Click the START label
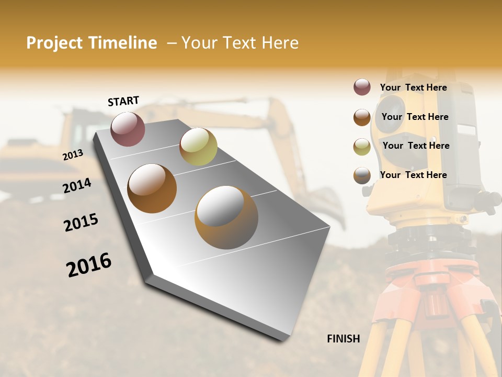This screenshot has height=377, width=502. [123, 101]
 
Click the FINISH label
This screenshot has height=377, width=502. [344, 339]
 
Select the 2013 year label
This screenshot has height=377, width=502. [73, 155]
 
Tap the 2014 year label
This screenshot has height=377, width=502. [77, 185]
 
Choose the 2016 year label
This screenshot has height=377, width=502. [89, 265]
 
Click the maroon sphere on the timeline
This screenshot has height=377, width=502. [128, 129]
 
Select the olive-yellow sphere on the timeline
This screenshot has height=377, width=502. [198, 147]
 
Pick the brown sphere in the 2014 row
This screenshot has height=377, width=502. [152, 188]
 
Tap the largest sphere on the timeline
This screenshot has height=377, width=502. [226, 217]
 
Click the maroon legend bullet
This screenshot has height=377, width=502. [362, 87]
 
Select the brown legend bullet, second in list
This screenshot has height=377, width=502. [362, 117]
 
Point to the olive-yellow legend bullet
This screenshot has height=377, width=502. [362, 146]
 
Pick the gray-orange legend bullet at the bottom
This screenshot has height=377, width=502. [362, 175]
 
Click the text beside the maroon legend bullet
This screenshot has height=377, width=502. [413, 87]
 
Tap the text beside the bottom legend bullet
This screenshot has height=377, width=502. [413, 175]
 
